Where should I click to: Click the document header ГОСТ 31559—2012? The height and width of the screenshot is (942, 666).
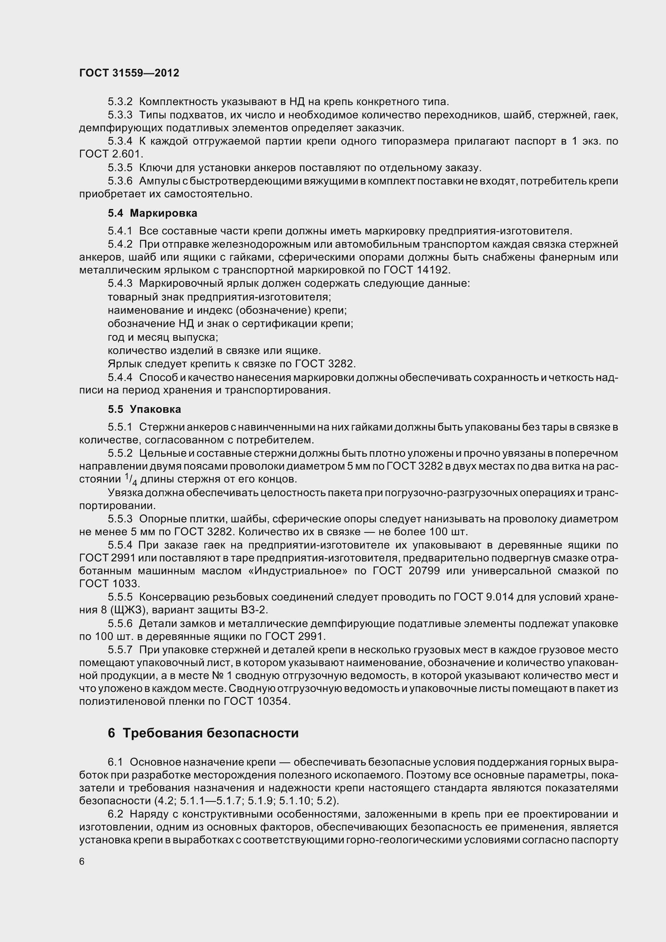point(129,73)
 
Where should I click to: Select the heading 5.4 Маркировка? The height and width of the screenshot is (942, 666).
point(152,213)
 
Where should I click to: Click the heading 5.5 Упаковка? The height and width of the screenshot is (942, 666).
point(145,409)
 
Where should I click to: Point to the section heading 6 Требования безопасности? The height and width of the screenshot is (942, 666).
point(203,733)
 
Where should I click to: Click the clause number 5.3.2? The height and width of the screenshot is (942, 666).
point(120,101)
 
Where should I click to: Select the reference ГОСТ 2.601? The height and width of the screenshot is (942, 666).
point(110,154)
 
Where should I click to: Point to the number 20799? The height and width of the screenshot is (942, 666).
point(425,571)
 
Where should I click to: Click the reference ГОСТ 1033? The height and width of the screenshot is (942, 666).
point(109,584)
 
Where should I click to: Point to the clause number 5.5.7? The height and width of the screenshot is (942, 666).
point(120,650)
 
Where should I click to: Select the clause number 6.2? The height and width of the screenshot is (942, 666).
point(115,814)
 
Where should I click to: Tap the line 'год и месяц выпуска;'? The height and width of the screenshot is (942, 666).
point(162,337)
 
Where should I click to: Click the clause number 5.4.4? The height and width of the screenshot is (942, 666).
point(120,377)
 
